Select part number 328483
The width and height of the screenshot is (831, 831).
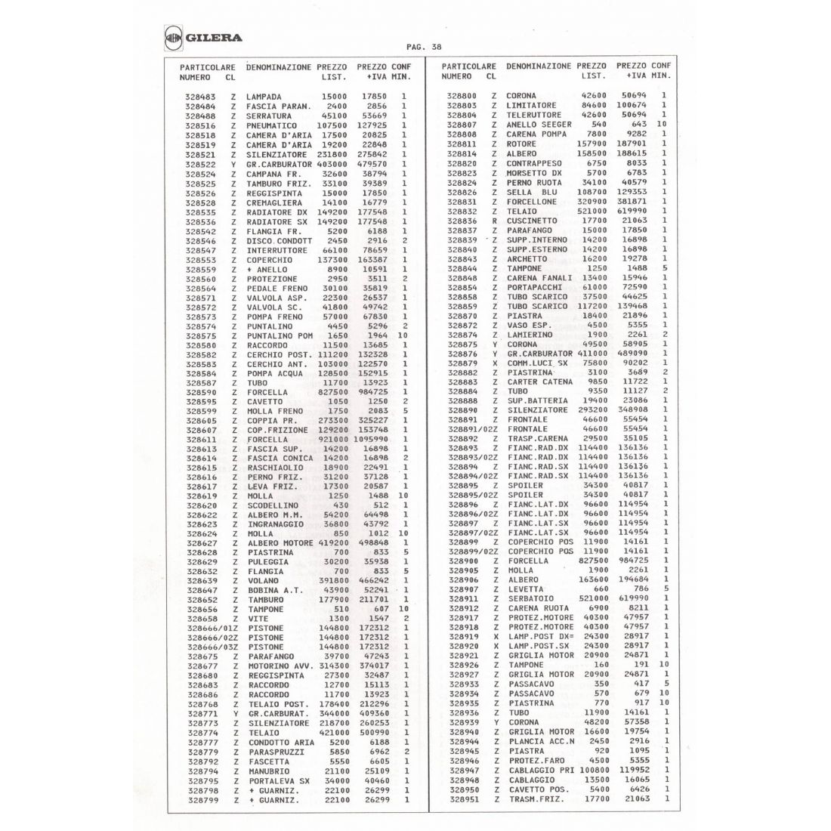pos(200,97)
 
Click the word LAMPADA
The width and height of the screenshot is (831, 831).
pos(264,97)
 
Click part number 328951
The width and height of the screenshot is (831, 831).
pos(463,799)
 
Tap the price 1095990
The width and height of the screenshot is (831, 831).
pos(369,439)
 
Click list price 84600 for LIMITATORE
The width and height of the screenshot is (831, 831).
pos(589,106)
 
